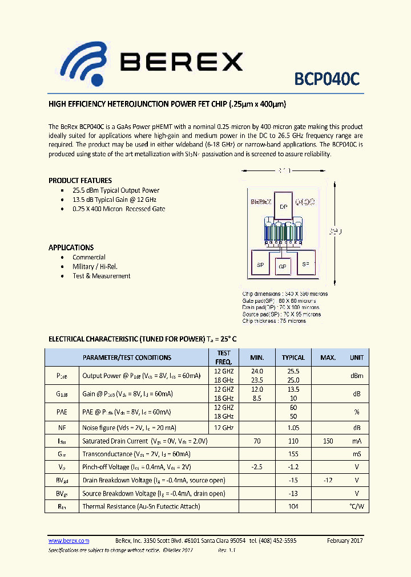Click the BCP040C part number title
[x=327, y=79]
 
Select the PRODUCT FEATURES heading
[x=80, y=181]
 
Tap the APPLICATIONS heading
[x=71, y=247]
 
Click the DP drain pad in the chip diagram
[x=284, y=207]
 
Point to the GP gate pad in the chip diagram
[x=282, y=266]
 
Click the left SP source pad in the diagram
[x=260, y=265]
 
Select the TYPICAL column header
[x=293, y=357]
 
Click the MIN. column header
[x=257, y=357]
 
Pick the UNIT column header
[x=357, y=357]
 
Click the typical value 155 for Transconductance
[x=293, y=454]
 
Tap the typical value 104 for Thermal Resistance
[x=293, y=506]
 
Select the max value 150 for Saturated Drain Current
[x=328, y=441]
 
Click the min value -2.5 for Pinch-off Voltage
[x=257, y=467]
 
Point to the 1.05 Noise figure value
[x=293, y=428]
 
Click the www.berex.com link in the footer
[x=68, y=541]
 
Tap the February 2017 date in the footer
[x=345, y=541]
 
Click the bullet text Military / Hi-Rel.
[x=95, y=266]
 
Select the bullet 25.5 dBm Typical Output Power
[x=116, y=190]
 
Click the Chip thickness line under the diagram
[x=274, y=321]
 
